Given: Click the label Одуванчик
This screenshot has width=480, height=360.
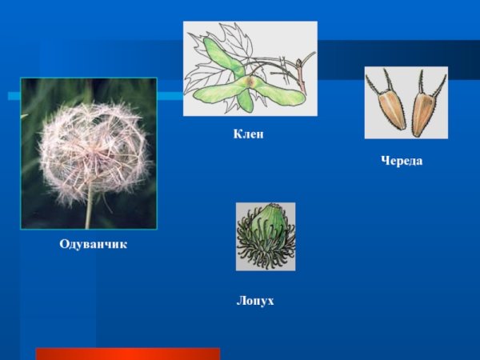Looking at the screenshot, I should pos(93,244).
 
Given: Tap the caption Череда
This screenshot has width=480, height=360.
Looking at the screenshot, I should pos(401,162).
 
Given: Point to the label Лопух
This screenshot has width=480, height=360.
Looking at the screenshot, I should pos(255,301).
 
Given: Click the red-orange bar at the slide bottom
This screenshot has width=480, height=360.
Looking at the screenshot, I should pos(128,354).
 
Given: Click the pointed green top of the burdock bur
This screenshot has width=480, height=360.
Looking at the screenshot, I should pos(274,210).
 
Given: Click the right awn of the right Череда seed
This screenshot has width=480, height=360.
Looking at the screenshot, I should pos(441,82).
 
